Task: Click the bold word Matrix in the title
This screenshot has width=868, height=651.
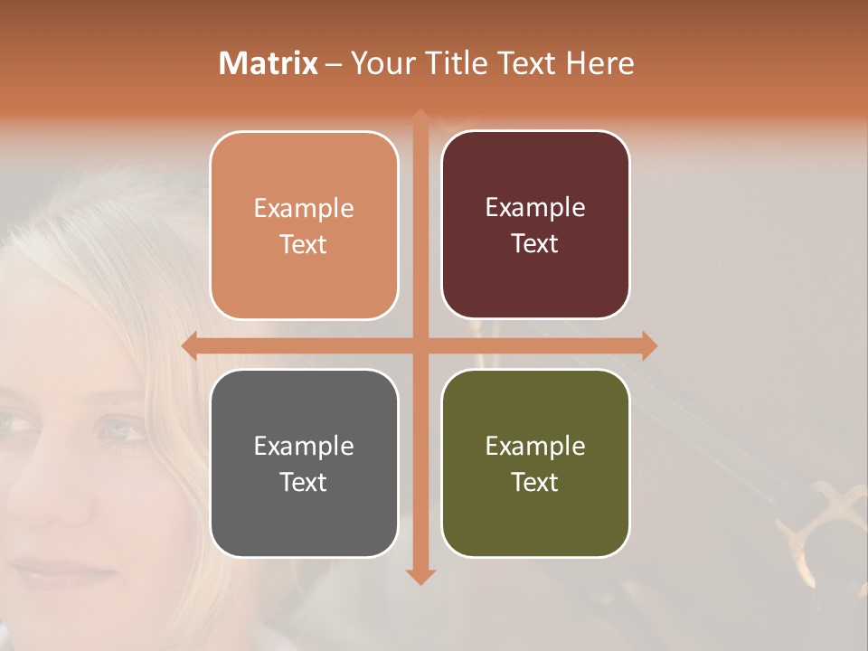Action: (269, 63)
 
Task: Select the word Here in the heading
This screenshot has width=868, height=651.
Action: (600, 63)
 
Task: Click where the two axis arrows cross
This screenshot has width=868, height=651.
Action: (420, 346)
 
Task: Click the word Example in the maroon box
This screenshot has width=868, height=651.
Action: (535, 208)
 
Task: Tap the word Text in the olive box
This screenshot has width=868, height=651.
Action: (535, 482)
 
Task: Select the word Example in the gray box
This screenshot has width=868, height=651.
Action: (304, 446)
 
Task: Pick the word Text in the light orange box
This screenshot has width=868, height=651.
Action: (304, 244)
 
